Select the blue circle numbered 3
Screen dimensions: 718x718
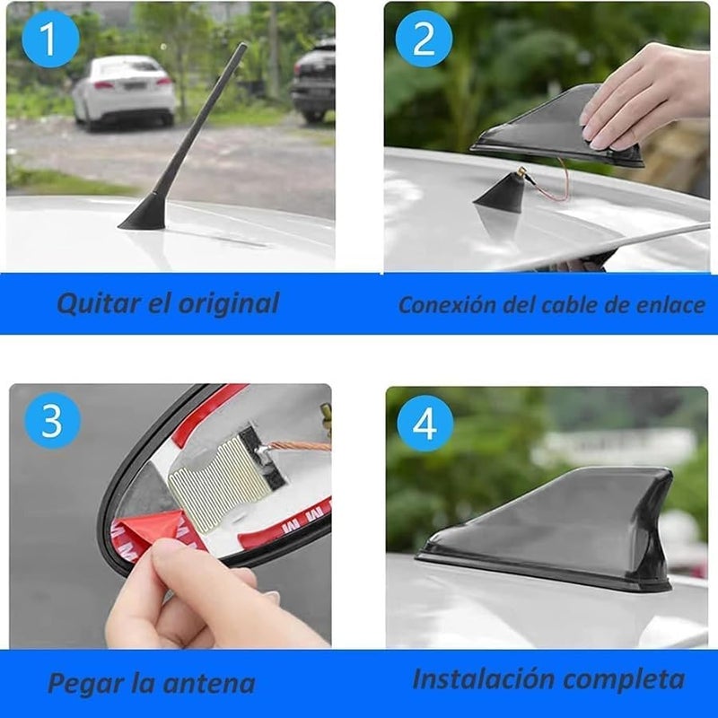[50, 420]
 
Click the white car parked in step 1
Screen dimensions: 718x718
[124, 90]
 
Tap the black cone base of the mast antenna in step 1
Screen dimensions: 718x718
[144, 214]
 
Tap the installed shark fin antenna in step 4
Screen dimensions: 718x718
[574, 530]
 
